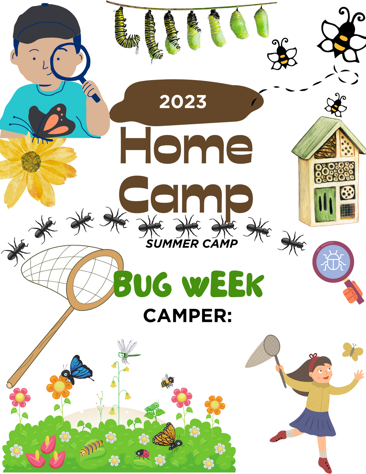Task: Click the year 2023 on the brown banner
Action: (183, 102)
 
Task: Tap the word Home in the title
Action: (186, 146)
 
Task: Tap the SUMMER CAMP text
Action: (192, 244)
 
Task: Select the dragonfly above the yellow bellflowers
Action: (127, 351)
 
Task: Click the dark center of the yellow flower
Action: (31, 161)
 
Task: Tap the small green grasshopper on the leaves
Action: (152, 407)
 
